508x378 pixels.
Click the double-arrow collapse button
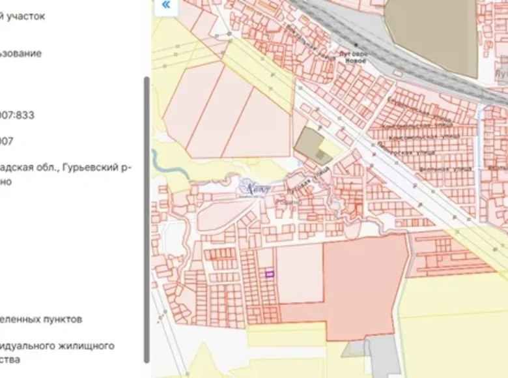166,5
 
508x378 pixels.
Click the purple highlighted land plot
270,274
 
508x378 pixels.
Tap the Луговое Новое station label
354,57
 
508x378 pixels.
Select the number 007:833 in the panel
17,115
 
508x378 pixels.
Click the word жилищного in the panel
82,345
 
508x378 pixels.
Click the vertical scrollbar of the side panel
147,215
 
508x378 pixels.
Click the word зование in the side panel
20,53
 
